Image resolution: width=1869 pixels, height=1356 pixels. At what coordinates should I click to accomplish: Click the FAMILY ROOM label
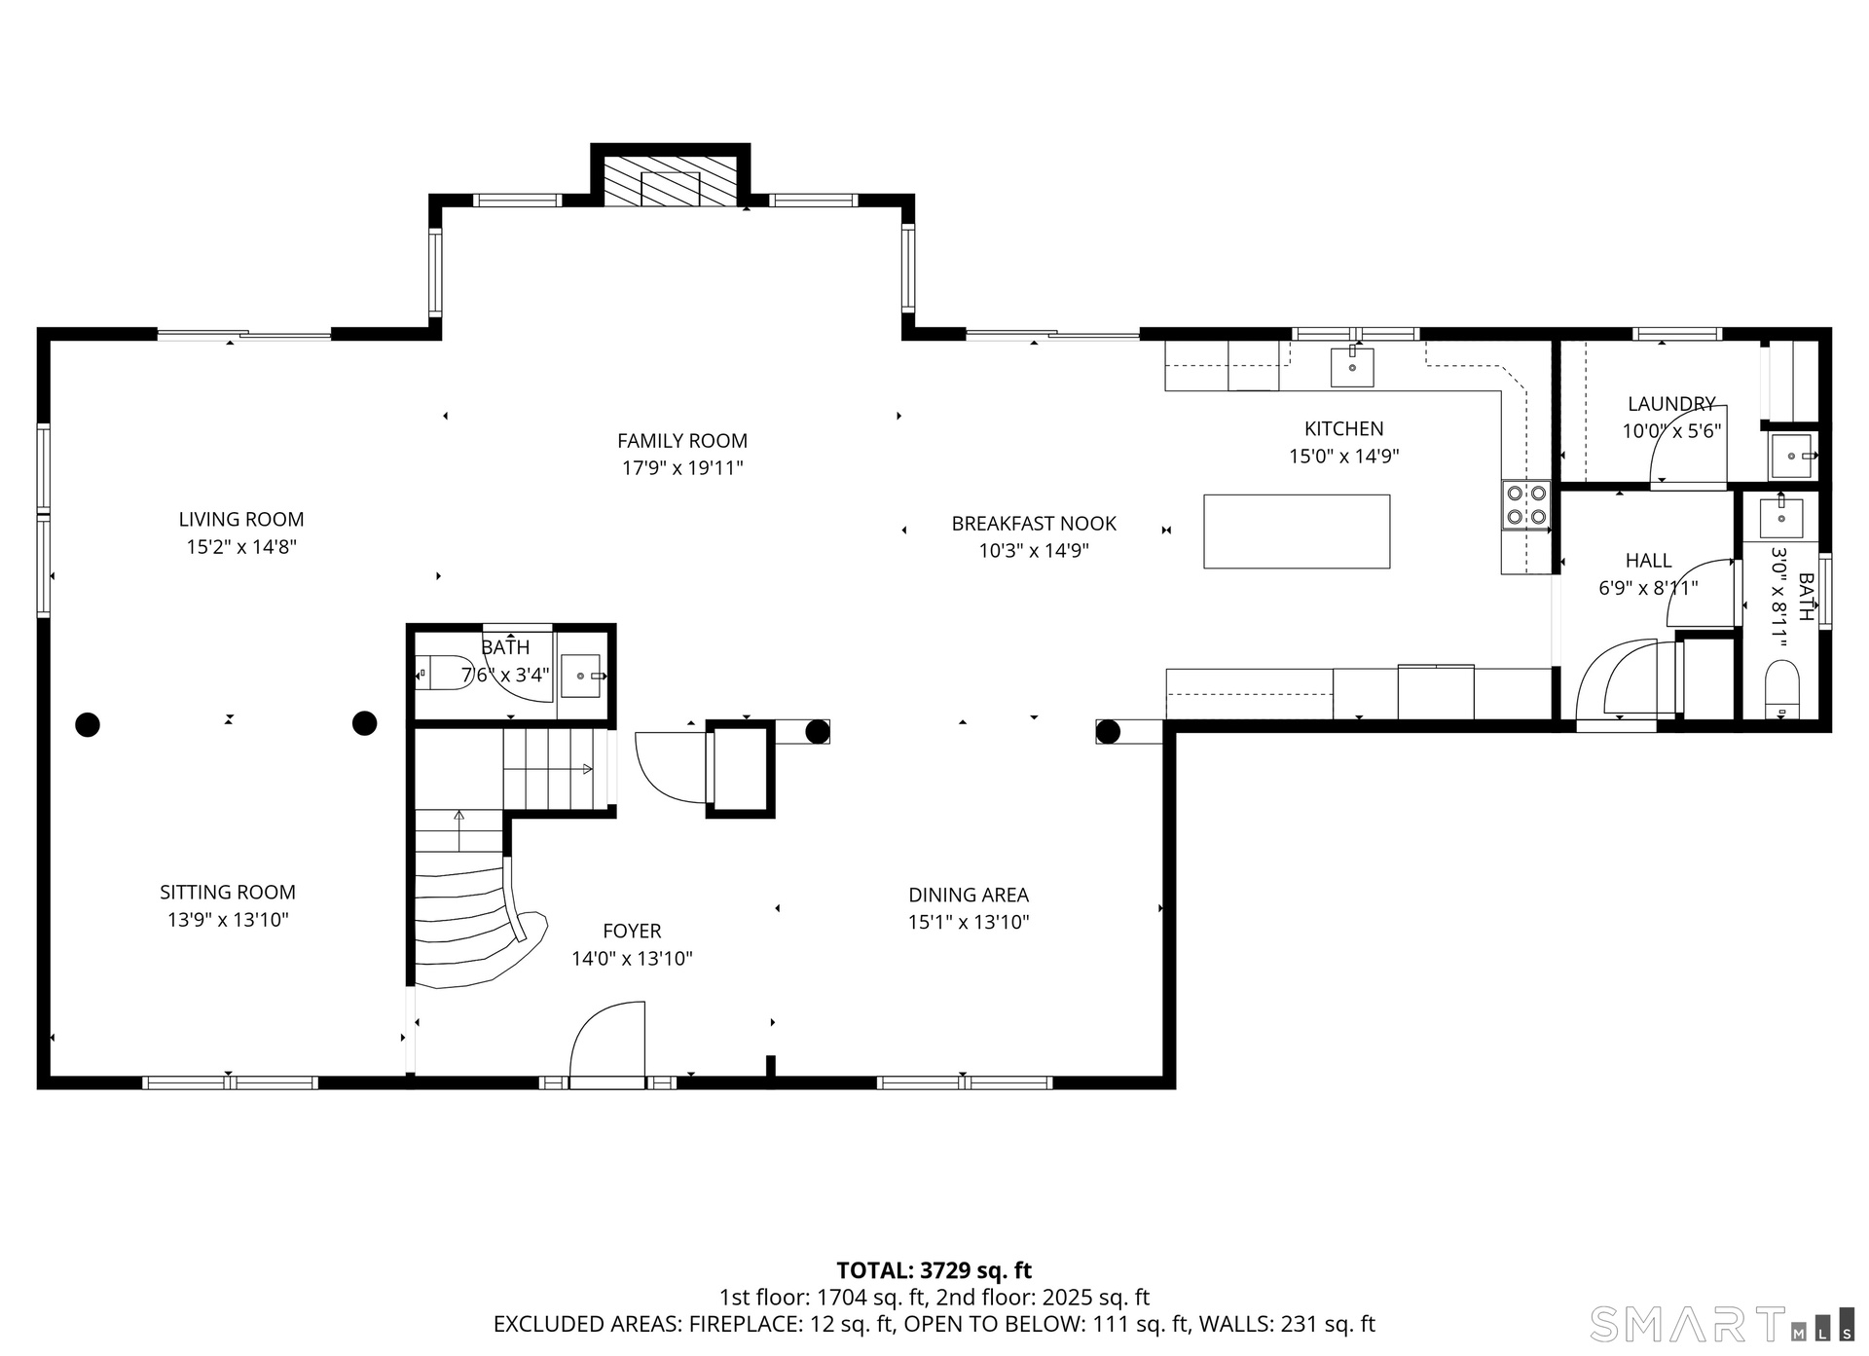tap(682, 441)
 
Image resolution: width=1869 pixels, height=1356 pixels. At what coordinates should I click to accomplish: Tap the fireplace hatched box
tap(670, 181)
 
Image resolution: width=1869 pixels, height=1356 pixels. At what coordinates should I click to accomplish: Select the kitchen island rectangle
tap(1297, 531)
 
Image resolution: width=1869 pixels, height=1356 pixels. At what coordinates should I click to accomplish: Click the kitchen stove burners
tap(1525, 505)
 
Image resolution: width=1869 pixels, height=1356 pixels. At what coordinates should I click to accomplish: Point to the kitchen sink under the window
tap(1352, 367)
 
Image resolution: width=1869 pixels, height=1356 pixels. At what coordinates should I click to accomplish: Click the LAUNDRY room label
tap(1671, 404)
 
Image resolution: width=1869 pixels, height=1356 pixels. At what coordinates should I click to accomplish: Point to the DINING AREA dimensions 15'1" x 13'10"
tap(969, 922)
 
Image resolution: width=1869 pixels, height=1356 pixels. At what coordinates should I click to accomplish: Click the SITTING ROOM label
tap(228, 892)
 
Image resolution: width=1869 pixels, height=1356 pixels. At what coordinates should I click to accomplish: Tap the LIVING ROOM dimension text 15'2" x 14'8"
tap(241, 547)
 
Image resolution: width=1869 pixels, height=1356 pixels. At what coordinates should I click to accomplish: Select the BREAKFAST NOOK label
tap(1034, 524)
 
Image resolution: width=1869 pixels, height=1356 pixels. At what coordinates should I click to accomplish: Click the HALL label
tap(1648, 561)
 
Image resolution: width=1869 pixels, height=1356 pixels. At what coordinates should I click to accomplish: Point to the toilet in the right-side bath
tap(1782, 688)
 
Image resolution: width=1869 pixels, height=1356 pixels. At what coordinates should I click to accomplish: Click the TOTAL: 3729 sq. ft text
tap(934, 1270)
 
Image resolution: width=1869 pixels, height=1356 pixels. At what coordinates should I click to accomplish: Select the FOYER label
tap(632, 932)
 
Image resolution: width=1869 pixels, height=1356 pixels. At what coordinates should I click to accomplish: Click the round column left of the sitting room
tap(88, 724)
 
